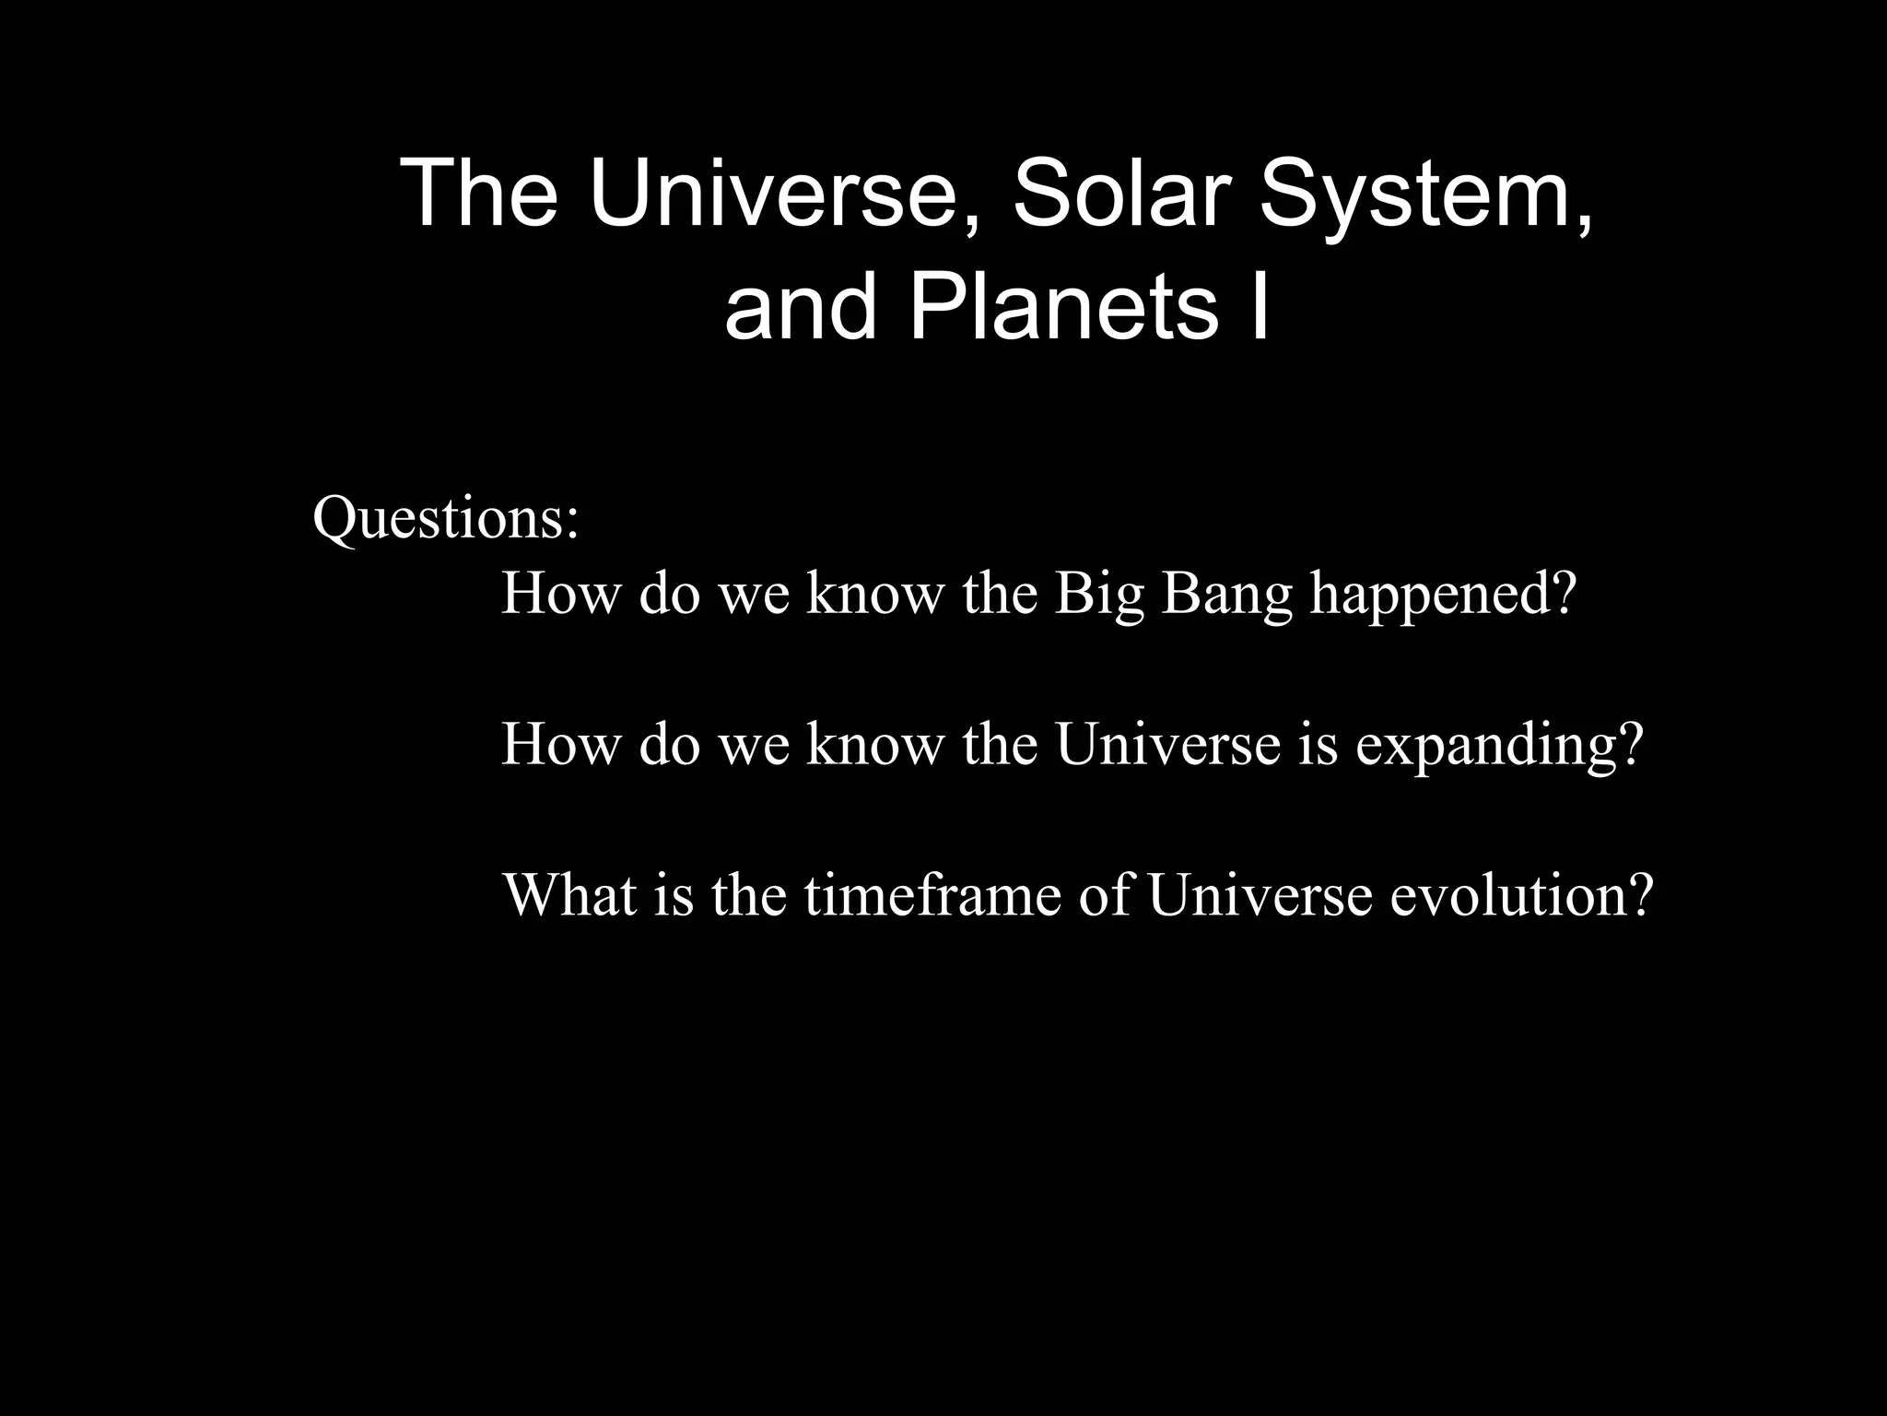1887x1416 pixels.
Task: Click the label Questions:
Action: (x=446, y=518)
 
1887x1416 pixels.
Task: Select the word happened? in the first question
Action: (x=1444, y=595)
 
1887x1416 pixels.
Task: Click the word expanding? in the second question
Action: (x=1499, y=745)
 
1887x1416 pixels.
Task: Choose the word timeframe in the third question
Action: (x=932, y=894)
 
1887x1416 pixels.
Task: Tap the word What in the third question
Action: (x=569, y=894)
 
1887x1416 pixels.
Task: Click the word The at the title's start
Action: (x=481, y=194)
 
